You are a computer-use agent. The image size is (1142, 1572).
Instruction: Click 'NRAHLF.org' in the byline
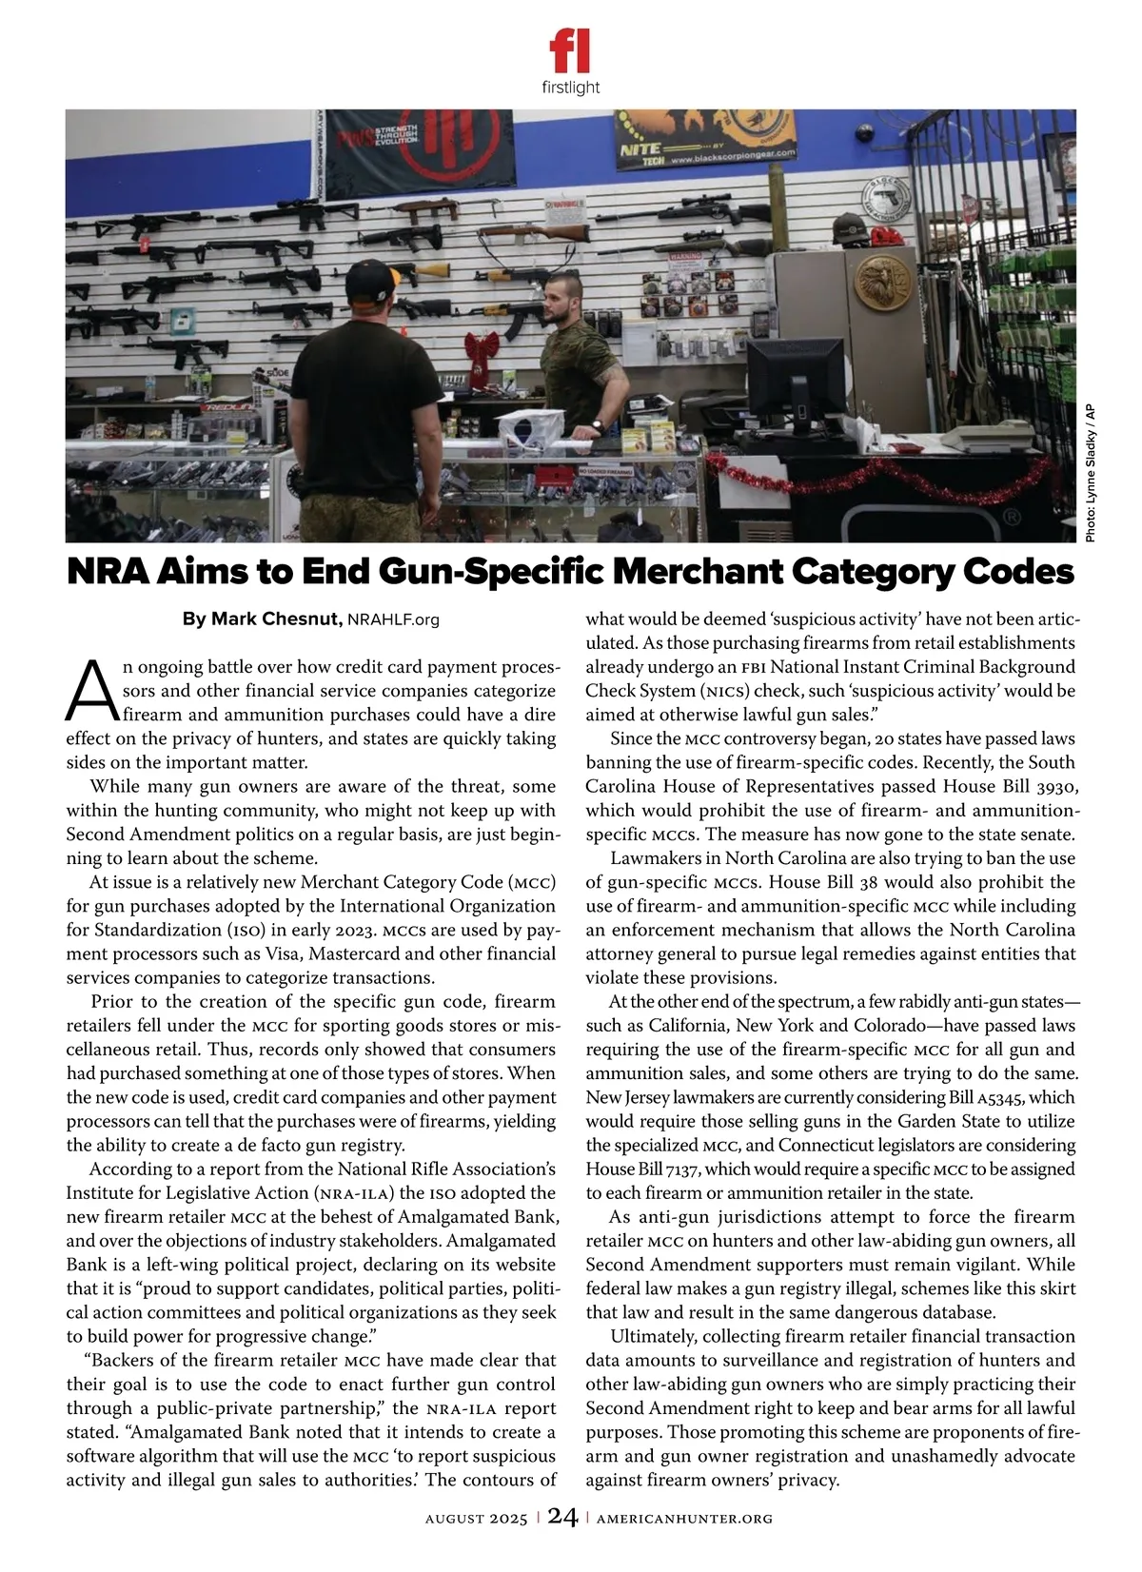coord(394,620)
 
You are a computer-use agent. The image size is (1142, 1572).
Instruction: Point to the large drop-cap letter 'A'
coord(89,691)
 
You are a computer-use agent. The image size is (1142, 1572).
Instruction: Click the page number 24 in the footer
coord(562,1517)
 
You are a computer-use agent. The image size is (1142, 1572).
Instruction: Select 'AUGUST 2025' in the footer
coord(476,1519)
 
